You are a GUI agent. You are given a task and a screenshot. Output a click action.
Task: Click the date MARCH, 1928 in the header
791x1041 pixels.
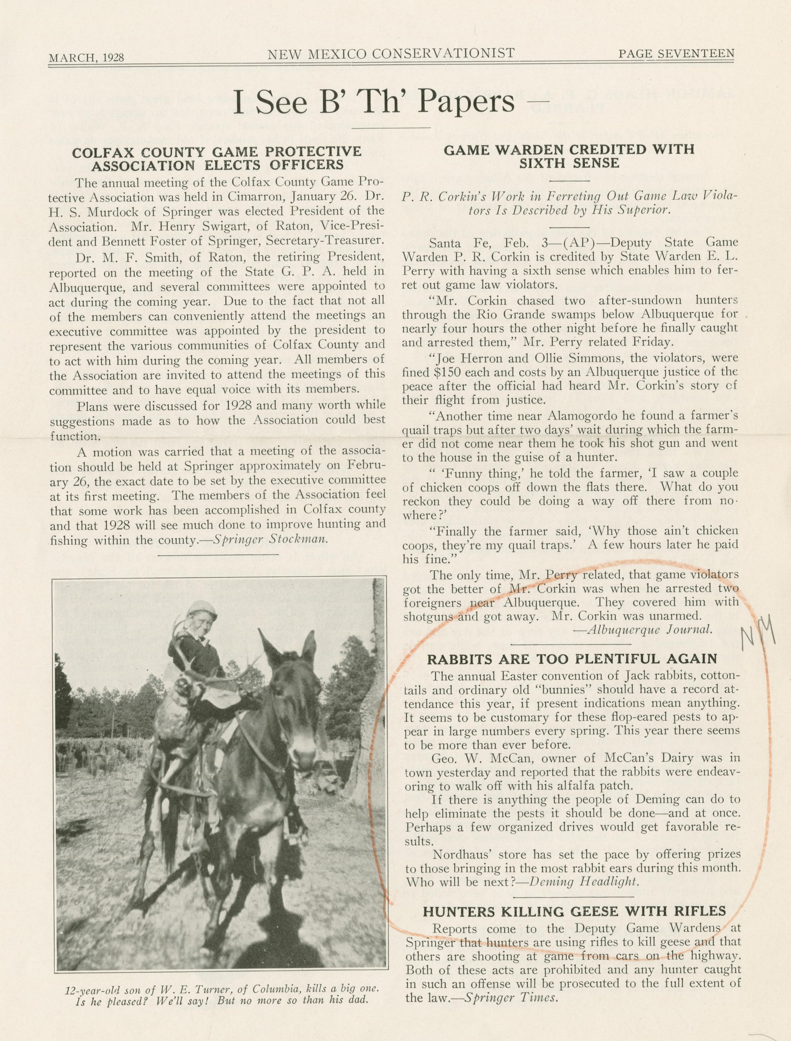click(86, 57)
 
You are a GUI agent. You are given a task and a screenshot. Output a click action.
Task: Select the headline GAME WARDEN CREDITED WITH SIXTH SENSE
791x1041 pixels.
click(569, 156)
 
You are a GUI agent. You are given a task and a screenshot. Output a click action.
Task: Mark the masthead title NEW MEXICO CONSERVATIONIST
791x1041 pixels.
click(391, 54)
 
